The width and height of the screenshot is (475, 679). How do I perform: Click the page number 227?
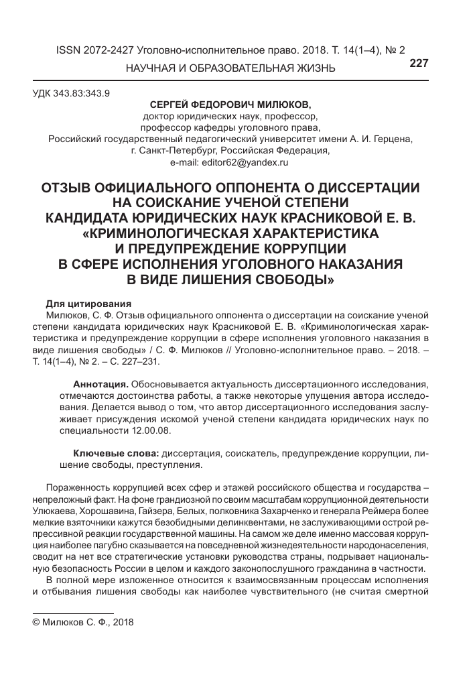[x=417, y=63]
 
